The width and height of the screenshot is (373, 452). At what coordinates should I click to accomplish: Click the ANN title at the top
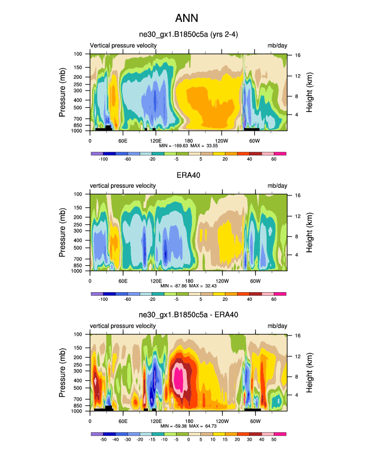[186, 19]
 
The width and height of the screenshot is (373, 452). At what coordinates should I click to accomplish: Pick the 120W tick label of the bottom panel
[222, 420]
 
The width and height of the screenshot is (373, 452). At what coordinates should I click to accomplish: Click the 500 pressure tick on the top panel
[81, 108]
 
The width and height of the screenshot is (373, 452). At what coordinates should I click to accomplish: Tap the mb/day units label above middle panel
[278, 186]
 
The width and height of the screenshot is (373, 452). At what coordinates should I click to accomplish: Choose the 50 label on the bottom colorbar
[274, 439]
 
